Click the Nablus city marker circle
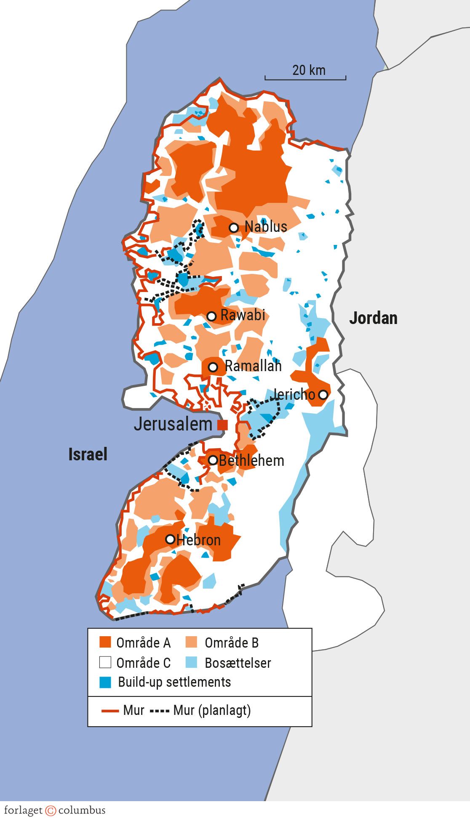234,228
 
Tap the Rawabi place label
243,315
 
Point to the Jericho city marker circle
323,395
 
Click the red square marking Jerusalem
222,425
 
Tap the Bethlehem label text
251,461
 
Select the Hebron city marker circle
170,539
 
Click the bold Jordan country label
373,318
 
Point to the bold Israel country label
88,454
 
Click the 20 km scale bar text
309,70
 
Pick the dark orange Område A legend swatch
105,642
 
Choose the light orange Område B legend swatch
192,642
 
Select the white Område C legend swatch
105,662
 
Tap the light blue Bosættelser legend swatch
192,662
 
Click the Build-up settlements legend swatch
105,682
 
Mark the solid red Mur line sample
110,711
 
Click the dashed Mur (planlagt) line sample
160,711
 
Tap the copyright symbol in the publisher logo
51,810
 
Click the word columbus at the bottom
82,810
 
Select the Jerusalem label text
173,424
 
